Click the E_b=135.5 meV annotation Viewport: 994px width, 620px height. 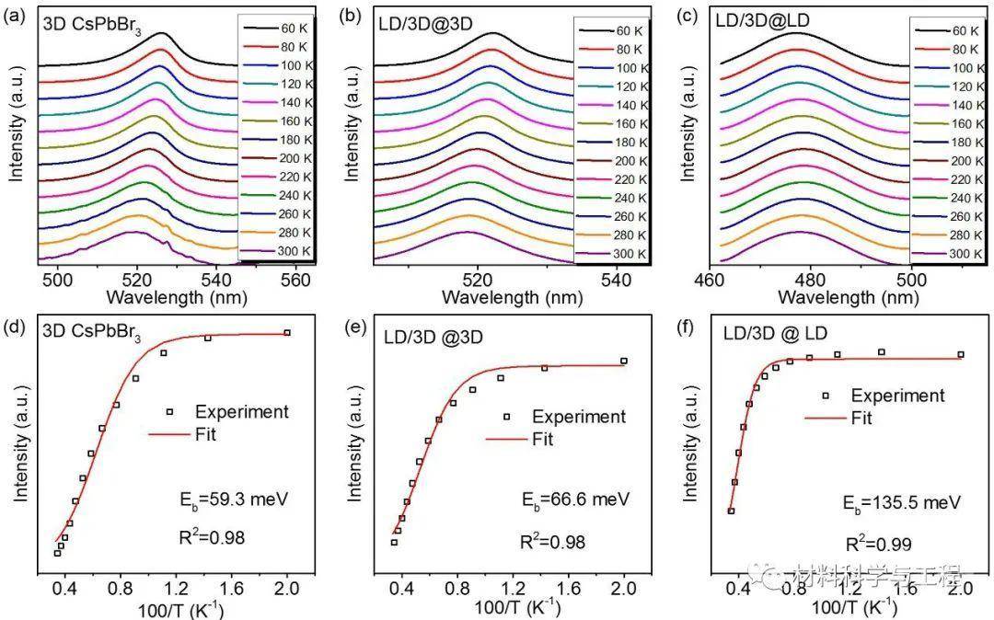coord(902,503)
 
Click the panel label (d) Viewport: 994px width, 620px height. coord(16,325)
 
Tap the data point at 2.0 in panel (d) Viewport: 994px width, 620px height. coord(287,333)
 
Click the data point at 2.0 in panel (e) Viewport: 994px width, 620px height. coord(623,361)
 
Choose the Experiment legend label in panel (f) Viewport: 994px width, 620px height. coord(897,396)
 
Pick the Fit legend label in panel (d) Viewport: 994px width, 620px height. coord(203,435)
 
